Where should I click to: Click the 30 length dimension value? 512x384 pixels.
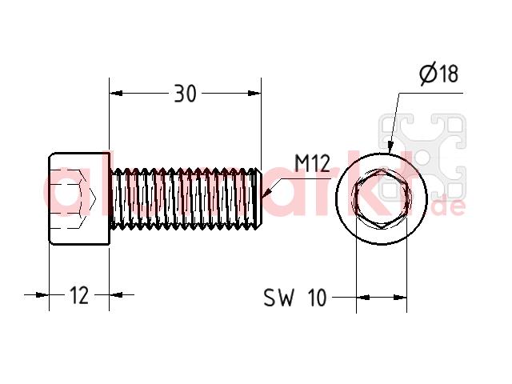185,94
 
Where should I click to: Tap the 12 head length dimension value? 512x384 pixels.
79,295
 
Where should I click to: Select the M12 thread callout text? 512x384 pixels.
312,163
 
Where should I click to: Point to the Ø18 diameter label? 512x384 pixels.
439,74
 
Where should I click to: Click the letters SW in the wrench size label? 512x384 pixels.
278,298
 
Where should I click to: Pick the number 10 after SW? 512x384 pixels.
317,298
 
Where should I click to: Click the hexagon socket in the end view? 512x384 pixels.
382,198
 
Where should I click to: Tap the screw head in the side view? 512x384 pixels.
78,198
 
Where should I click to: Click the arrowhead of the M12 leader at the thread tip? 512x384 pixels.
266,193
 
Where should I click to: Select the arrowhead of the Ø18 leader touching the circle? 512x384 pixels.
389,147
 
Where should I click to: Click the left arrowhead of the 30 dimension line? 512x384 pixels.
116,94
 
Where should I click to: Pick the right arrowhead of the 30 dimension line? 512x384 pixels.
254,94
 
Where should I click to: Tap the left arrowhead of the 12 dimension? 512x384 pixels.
42,295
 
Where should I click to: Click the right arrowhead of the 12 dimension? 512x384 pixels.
115,295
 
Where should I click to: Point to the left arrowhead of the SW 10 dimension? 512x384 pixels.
362,298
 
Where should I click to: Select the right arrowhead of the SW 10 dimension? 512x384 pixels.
400,298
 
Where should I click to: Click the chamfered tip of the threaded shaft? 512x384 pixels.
258,198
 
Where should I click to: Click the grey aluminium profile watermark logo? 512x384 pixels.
422,157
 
